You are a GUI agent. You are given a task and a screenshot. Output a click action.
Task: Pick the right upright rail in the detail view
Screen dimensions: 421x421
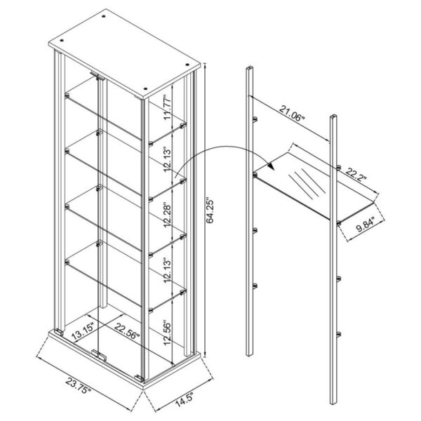[x=335, y=267]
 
